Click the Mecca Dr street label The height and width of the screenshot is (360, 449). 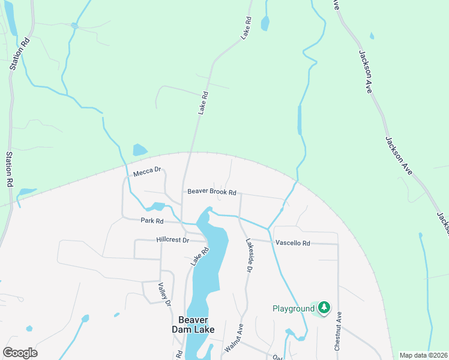(x=148, y=170)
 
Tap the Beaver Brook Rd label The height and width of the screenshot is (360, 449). (x=212, y=192)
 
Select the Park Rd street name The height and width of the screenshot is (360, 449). (x=152, y=221)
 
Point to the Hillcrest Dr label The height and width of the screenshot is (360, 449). (x=172, y=239)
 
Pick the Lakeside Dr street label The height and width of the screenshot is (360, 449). (x=248, y=256)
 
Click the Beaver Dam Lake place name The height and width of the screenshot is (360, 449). (x=193, y=325)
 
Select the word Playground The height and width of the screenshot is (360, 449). (x=294, y=309)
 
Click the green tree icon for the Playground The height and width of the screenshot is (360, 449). (x=324, y=308)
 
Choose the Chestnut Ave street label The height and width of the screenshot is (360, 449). (x=338, y=331)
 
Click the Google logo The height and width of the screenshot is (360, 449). (x=20, y=353)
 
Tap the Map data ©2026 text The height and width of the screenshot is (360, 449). (x=423, y=355)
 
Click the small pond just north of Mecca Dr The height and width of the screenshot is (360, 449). (x=139, y=149)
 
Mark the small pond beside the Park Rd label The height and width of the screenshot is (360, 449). (x=157, y=207)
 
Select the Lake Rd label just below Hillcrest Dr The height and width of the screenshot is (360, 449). (x=199, y=257)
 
